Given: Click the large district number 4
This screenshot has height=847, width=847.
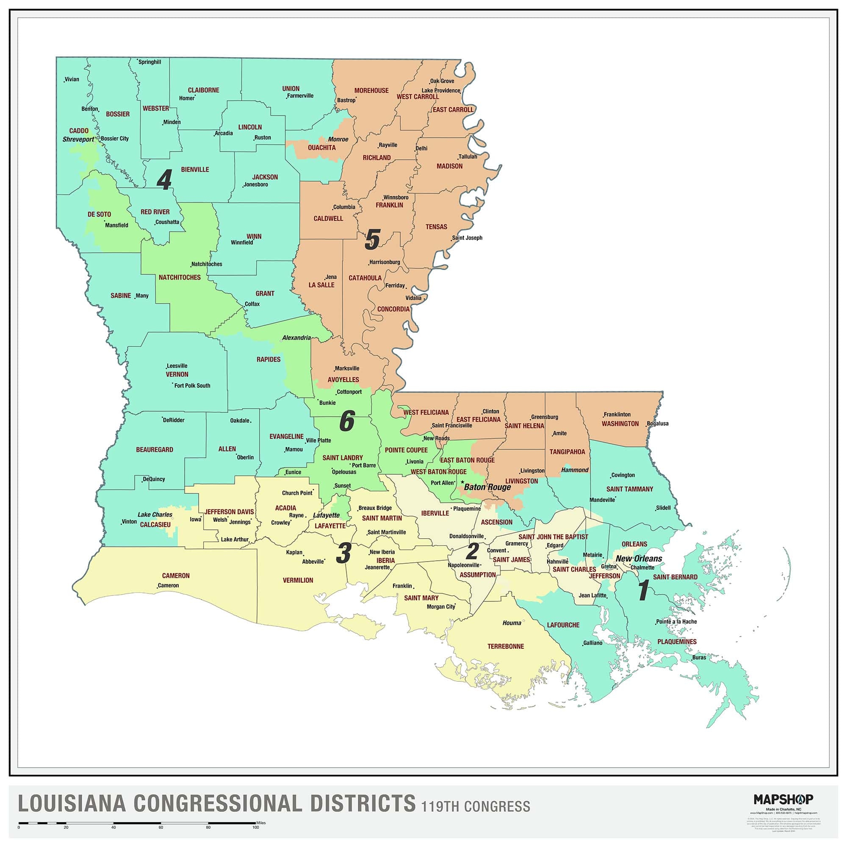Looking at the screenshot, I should click(x=164, y=180).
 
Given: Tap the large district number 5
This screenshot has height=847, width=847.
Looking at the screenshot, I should click(x=372, y=240).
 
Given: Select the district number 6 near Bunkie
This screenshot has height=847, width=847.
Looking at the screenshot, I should click(x=347, y=422).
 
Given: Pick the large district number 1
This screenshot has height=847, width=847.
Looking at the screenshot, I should click(x=643, y=590).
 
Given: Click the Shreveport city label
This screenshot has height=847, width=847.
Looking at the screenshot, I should click(x=78, y=139).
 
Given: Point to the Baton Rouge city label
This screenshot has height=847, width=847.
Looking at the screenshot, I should click(x=487, y=487).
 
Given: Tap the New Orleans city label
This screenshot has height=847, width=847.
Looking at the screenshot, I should click(x=639, y=559).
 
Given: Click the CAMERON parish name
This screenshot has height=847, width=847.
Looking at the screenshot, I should click(x=176, y=576).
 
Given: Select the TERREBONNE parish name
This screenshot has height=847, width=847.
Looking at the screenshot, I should click(x=506, y=646).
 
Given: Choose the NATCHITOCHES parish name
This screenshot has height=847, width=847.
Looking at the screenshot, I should click(x=179, y=277).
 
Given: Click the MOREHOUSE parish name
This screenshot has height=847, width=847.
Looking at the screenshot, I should click(x=371, y=91).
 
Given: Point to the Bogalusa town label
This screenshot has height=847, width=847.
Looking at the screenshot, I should click(x=658, y=423).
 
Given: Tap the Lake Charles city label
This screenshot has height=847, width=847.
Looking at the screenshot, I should click(x=155, y=515).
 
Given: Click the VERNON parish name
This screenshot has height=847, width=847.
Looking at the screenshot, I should click(x=177, y=374).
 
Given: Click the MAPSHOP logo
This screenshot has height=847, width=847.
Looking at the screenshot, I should click(x=783, y=799).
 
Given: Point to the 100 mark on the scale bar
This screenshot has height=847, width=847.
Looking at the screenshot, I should click(x=256, y=828).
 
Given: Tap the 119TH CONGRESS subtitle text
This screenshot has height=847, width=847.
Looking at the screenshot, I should click(x=476, y=807).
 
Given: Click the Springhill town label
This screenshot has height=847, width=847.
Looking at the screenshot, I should click(x=149, y=62).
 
